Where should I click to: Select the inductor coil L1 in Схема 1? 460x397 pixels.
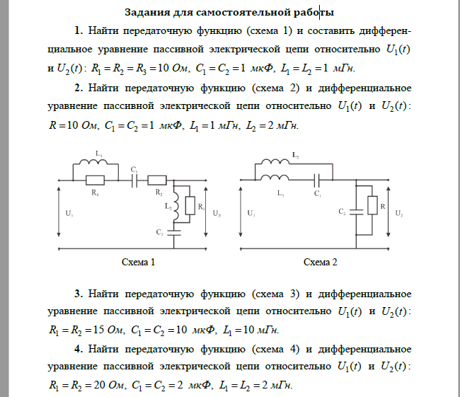(x=95, y=163)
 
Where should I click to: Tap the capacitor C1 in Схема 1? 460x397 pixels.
(x=134, y=180)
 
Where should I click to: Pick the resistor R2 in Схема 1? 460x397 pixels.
(x=156, y=180)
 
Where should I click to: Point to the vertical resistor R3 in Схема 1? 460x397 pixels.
(x=190, y=206)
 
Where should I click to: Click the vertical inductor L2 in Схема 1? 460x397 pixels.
(x=175, y=206)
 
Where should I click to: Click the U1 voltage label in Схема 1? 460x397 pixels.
(x=69, y=213)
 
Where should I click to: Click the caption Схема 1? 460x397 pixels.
(x=139, y=263)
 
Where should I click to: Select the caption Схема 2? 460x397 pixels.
(x=321, y=263)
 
